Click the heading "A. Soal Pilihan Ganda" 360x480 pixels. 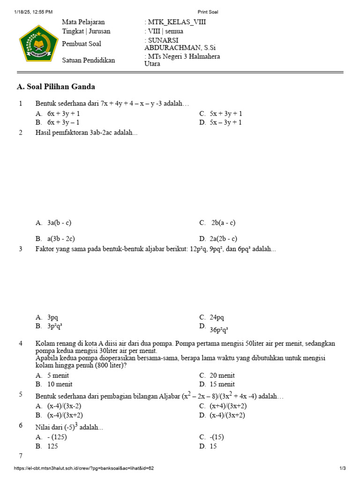tap(56, 87)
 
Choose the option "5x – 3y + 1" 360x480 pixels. tap(226, 122)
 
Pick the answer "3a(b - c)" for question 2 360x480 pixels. tap(59, 223)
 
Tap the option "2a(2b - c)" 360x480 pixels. tap(224, 239)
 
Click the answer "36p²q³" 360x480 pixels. tap(219, 329)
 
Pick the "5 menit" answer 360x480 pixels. tap(58, 375)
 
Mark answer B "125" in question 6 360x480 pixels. tap(52, 446)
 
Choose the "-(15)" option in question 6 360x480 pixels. tap(217, 437)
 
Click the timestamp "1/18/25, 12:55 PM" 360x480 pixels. tap(33, 12)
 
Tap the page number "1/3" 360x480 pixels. tap(342, 468)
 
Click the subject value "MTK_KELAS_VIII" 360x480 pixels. tap(177, 22)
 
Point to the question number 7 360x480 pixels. tap(21, 456)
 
